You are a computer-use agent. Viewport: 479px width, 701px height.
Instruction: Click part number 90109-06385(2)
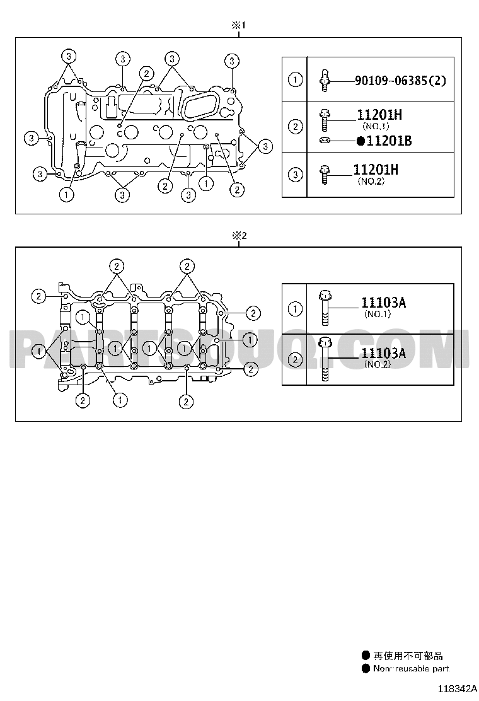[400, 81]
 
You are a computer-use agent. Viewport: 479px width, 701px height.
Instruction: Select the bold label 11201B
[389, 141]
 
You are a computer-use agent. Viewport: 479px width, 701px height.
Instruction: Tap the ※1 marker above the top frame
[239, 25]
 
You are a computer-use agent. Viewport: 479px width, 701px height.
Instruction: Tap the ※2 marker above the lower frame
[239, 236]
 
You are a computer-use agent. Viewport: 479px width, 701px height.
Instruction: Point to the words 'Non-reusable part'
[411, 668]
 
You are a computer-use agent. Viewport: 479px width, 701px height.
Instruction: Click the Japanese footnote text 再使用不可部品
[408, 656]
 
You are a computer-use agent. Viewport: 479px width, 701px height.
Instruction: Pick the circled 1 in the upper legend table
[295, 80]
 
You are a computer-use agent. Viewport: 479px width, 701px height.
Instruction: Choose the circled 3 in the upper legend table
[295, 175]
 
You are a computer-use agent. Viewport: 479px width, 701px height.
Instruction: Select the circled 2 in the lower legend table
[295, 360]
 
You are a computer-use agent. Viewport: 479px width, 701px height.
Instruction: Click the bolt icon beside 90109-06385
[325, 81]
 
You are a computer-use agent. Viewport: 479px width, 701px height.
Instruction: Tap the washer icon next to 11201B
[325, 141]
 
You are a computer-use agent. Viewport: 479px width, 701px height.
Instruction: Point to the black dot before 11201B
[361, 141]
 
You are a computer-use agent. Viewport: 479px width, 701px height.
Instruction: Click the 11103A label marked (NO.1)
[383, 303]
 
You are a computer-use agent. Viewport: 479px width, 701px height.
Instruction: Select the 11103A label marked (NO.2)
[383, 354]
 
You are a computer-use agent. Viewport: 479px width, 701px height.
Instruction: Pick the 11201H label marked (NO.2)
[376, 170]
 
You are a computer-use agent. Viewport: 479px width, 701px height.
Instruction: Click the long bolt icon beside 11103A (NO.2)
[325, 360]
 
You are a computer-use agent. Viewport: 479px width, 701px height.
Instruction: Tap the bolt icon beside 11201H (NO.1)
[325, 120]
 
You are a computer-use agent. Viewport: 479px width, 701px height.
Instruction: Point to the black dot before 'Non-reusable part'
[366, 668]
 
